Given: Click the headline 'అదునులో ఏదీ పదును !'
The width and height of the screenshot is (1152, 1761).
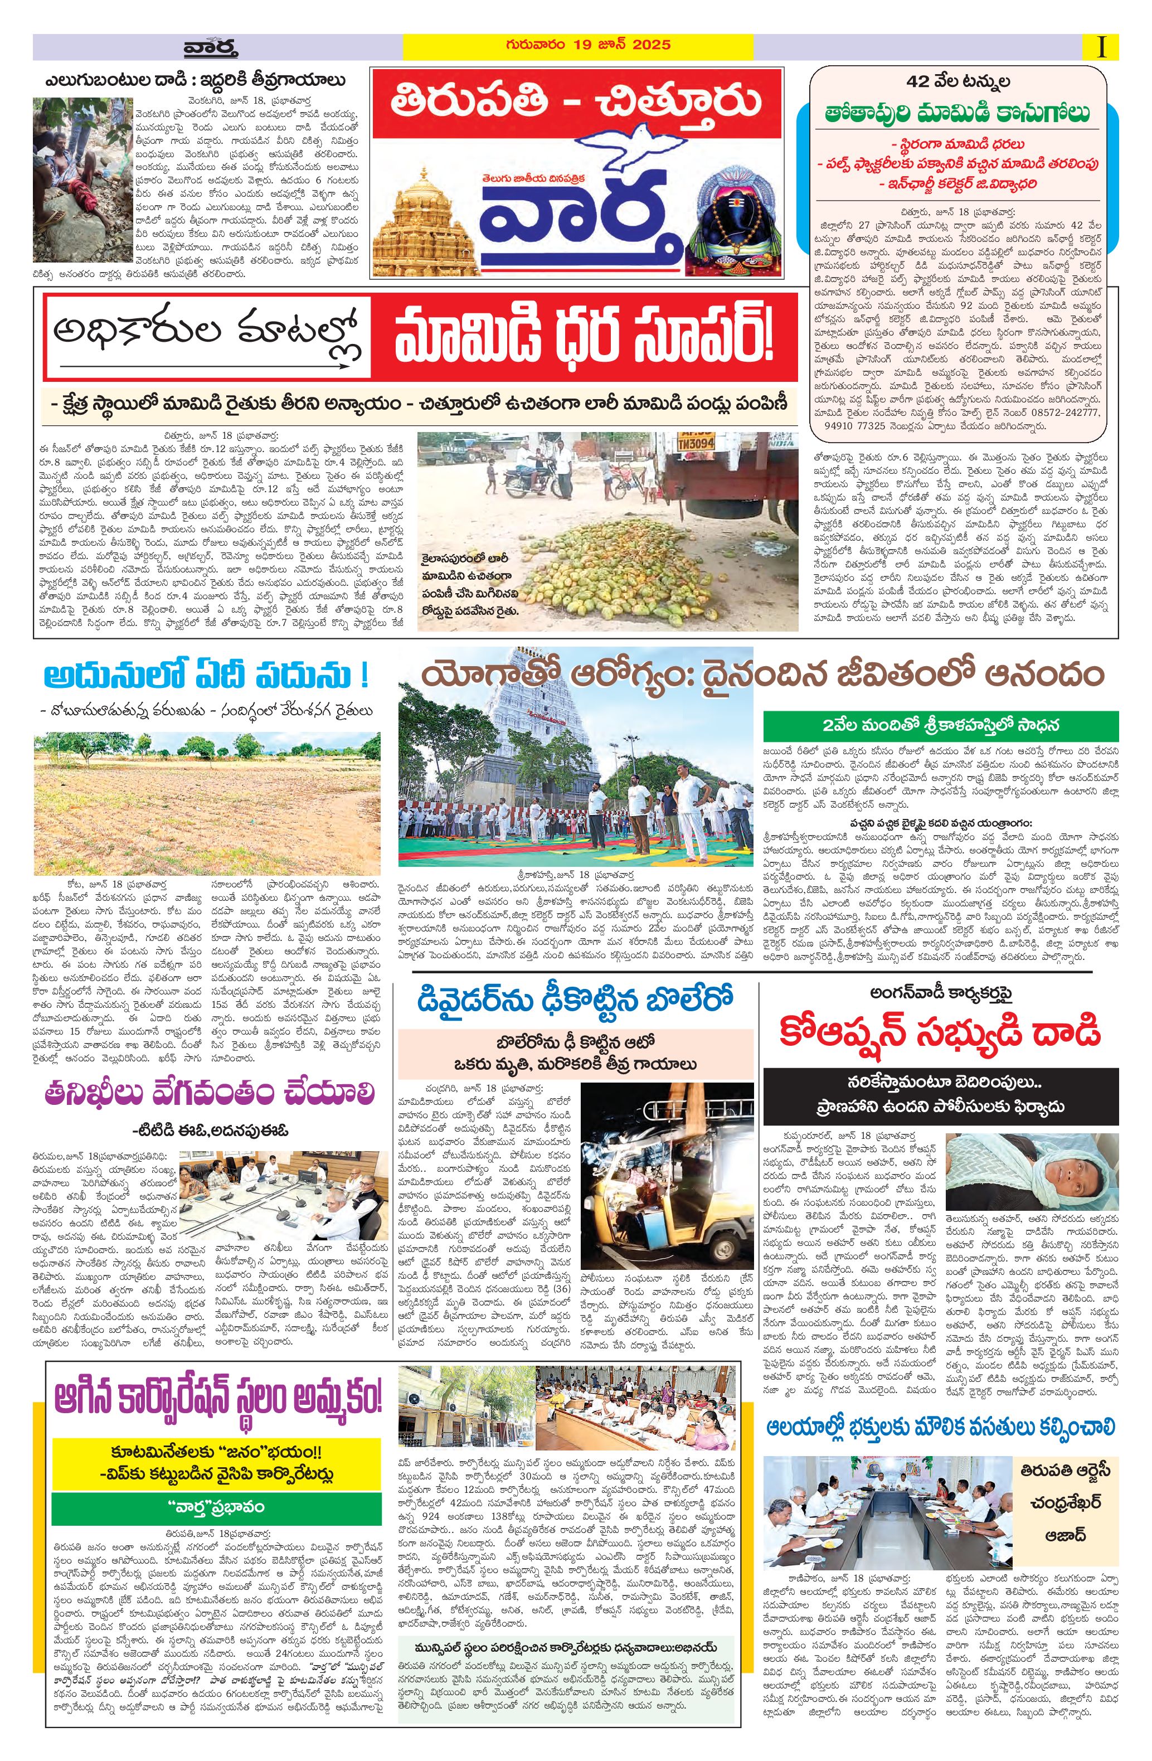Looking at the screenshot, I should click(x=206, y=676).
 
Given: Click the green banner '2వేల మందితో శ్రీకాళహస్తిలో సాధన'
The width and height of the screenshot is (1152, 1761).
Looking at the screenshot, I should click(x=930, y=724).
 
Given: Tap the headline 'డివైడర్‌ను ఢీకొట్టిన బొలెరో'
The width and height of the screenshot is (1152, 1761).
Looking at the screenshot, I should click(x=574, y=1000).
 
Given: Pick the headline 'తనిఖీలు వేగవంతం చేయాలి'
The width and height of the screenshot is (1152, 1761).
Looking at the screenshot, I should click(x=208, y=1092).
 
